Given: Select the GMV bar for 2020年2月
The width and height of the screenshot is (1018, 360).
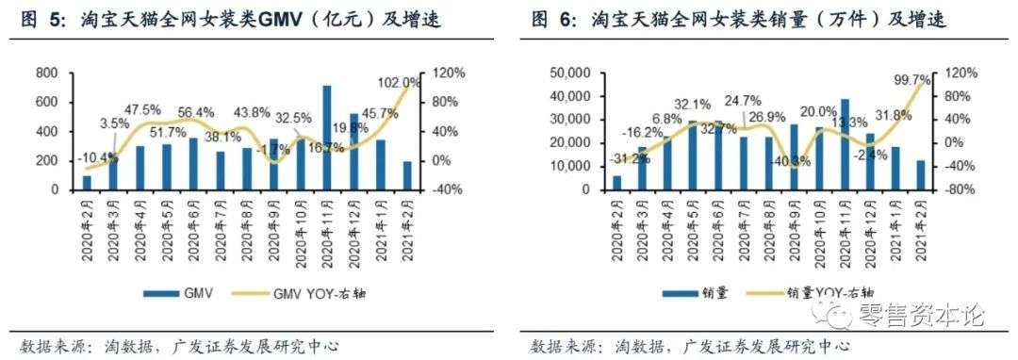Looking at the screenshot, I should point(87,183).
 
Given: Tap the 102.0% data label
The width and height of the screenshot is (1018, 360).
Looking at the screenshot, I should point(404,81).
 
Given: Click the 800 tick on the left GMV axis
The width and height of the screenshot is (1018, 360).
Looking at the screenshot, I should point(46,74).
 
